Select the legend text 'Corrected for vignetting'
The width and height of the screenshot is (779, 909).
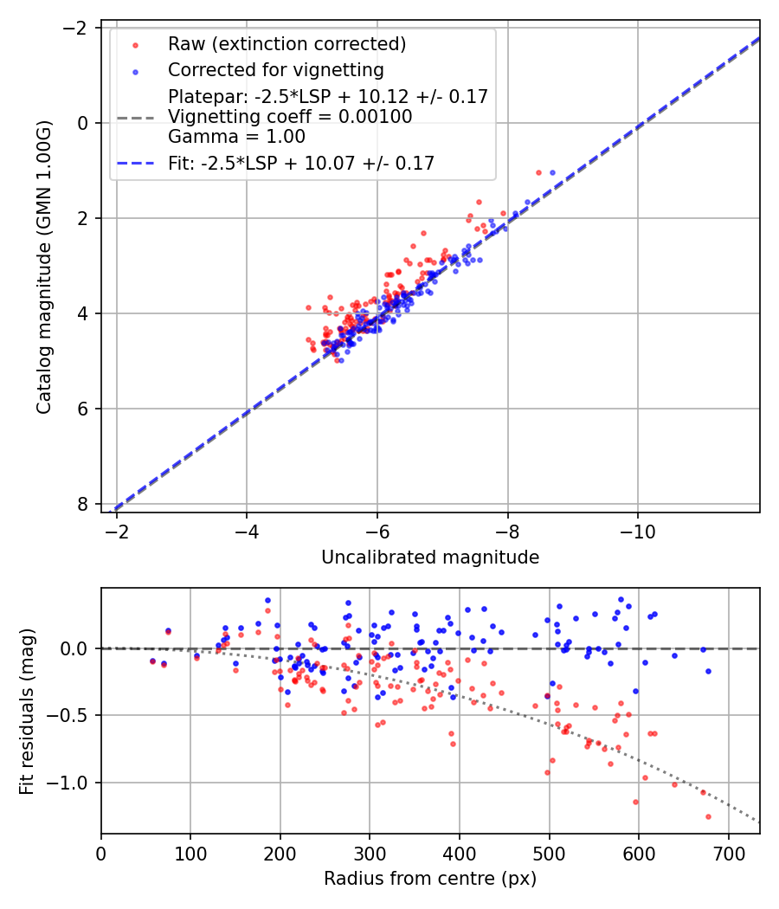[276, 69]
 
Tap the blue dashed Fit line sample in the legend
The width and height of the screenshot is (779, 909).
[136, 162]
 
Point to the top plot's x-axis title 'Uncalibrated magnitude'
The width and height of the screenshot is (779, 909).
[430, 558]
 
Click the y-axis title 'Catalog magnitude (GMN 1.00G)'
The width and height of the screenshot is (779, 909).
[44, 267]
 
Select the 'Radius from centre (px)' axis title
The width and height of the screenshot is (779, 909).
[430, 879]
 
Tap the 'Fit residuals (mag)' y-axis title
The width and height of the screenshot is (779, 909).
[27, 710]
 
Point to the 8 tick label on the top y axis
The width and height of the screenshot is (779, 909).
[83, 504]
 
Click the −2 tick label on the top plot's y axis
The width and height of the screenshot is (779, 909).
[76, 28]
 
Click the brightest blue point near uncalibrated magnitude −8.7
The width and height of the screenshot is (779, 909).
[552, 171]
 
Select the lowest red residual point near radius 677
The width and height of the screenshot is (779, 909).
[708, 816]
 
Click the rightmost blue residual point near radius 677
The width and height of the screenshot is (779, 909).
[708, 671]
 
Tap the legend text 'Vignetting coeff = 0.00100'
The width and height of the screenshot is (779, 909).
[290, 117]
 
